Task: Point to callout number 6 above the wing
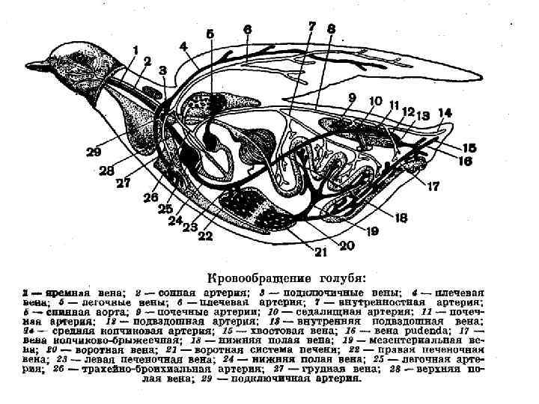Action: point(247,29)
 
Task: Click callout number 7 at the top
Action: point(312,26)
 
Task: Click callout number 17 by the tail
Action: point(433,187)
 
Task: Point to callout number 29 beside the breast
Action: point(94,152)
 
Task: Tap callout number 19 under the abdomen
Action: point(373,233)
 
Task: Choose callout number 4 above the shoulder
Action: point(183,46)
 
